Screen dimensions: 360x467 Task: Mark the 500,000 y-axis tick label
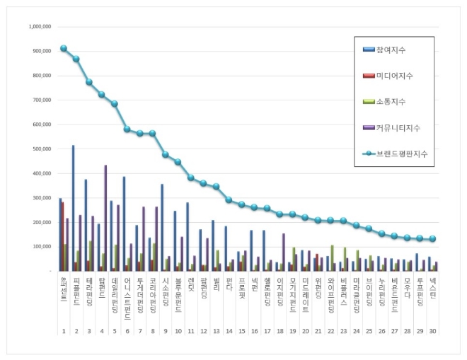click(41, 149)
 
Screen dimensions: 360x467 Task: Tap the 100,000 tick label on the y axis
click(41, 247)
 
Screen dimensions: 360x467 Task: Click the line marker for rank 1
click(64, 48)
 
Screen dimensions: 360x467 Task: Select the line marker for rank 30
click(432, 239)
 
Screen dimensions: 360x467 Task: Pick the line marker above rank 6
click(127, 129)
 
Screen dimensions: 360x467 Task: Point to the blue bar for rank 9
click(162, 227)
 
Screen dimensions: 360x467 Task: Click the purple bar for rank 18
click(284, 252)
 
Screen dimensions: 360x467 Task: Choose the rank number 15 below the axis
click(241, 330)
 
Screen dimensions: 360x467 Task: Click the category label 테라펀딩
click(89, 291)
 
